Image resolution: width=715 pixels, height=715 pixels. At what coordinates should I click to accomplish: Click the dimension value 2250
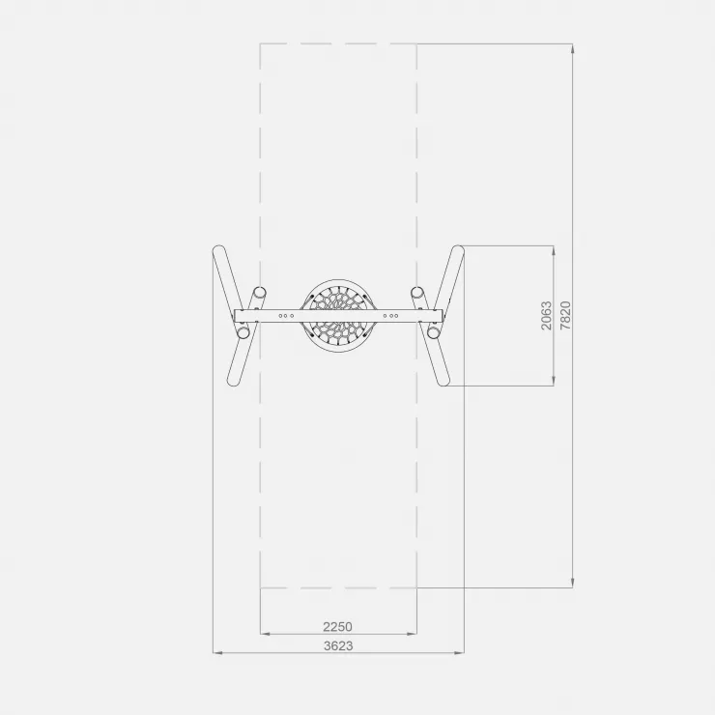click(x=337, y=626)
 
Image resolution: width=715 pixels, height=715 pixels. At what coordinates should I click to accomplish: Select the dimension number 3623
click(x=338, y=645)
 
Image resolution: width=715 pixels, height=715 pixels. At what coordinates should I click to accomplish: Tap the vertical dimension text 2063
click(x=546, y=316)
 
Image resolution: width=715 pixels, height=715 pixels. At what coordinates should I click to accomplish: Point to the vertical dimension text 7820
click(x=565, y=316)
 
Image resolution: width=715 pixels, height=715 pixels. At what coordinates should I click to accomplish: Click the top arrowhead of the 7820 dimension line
click(x=573, y=48)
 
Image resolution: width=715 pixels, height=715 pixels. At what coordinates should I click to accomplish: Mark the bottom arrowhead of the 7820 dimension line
click(x=573, y=584)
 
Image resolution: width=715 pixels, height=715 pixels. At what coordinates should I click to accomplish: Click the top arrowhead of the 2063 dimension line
click(x=554, y=250)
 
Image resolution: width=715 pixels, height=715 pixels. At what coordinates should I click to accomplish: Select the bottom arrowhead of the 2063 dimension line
click(x=554, y=382)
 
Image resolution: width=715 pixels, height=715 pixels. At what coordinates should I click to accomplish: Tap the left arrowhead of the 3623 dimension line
click(x=218, y=653)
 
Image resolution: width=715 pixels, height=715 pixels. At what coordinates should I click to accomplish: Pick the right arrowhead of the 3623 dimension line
click(x=460, y=653)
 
